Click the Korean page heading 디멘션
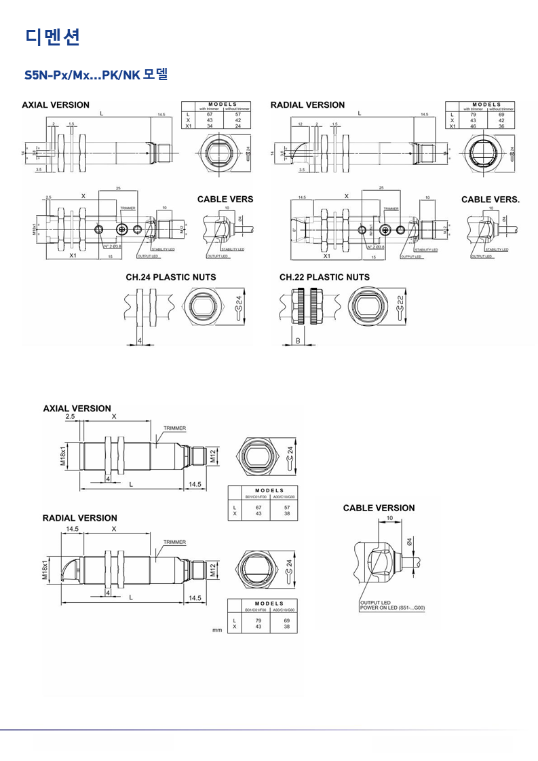[53, 37]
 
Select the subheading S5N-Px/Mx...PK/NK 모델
[96, 74]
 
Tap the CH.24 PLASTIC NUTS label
[171, 277]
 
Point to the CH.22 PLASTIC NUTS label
[324, 277]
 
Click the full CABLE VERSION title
[379, 508]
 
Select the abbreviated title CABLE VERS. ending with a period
[490, 200]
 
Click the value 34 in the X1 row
[210, 126]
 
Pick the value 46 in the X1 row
[474, 126]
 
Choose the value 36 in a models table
[501, 126]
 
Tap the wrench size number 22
[400, 301]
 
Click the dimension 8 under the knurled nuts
[298, 340]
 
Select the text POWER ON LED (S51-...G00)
[391, 608]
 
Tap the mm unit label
[217, 631]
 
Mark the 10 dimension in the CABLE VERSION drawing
[389, 518]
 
